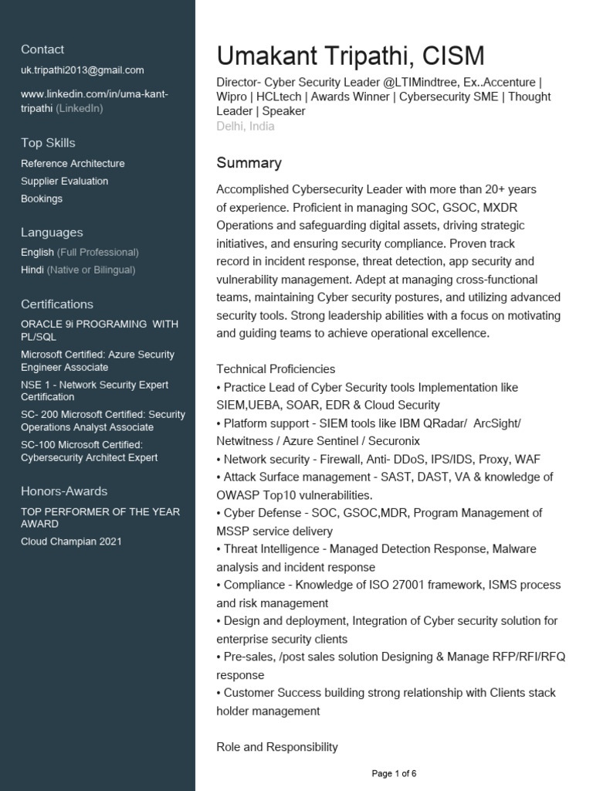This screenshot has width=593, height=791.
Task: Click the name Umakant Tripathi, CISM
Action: [351, 56]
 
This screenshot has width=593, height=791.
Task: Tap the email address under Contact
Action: [83, 70]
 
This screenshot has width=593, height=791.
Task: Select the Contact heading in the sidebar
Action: [42, 49]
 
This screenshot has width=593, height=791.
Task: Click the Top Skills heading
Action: [48, 143]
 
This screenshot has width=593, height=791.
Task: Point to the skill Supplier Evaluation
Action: [65, 182]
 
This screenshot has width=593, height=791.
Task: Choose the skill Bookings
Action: [42, 199]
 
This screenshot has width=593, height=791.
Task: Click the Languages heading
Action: [52, 233]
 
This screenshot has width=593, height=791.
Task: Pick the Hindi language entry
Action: [78, 270]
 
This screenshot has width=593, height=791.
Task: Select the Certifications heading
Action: [57, 304]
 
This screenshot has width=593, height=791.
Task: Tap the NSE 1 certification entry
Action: [94, 391]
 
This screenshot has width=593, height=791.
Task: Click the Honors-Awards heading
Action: [64, 491]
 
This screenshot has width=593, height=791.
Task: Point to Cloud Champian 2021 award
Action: [71, 541]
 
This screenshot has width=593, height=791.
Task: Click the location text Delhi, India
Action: [246, 126]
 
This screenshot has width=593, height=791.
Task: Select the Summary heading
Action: [249, 163]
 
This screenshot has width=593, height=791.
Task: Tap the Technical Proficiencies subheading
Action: [276, 369]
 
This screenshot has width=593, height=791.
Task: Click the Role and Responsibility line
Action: [277, 747]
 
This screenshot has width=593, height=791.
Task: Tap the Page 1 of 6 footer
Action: [394, 773]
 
